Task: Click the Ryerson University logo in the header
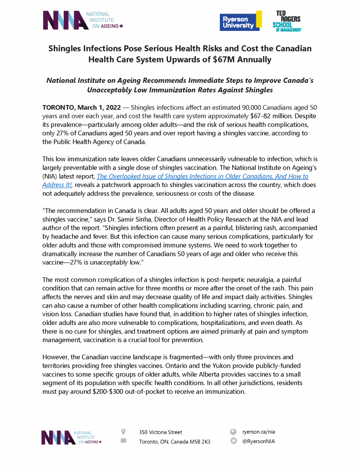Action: tap(240, 21)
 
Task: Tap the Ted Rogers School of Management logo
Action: tap(286, 21)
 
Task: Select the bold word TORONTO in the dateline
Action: tap(60, 107)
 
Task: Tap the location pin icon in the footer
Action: tap(123, 431)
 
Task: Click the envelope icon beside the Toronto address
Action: tap(123, 441)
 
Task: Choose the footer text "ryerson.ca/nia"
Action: tap(259, 431)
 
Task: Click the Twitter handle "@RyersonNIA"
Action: tap(259, 441)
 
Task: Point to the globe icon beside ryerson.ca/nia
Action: tap(233, 431)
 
